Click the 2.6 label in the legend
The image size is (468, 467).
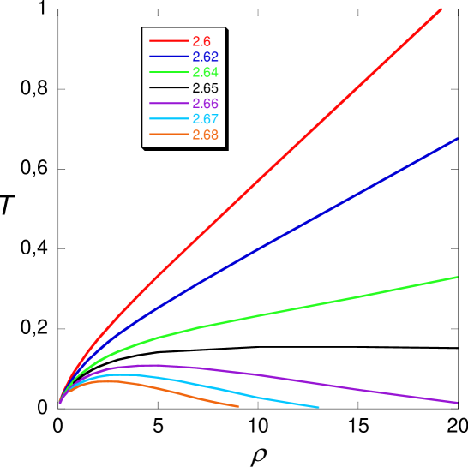(x=201, y=41)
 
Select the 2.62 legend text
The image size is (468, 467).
(x=205, y=57)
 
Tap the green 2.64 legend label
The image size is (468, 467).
(x=205, y=72)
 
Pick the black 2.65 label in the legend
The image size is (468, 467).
(x=205, y=88)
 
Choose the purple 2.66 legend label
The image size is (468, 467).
(x=205, y=104)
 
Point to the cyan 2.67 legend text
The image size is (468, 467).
(x=205, y=119)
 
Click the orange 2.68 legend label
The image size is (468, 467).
(x=205, y=135)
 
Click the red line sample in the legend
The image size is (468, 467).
(x=168, y=41)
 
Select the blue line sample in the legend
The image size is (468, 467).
(x=168, y=57)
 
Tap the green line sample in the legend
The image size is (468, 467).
(x=168, y=72)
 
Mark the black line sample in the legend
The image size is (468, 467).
(x=168, y=88)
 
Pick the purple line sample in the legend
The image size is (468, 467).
(x=168, y=104)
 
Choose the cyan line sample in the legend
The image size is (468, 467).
(x=168, y=119)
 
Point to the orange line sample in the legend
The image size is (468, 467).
(x=168, y=135)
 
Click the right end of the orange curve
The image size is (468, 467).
(x=237, y=406)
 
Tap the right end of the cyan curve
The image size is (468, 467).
(x=319, y=407)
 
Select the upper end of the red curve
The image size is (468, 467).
(x=441, y=9)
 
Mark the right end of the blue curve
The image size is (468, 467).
(x=458, y=138)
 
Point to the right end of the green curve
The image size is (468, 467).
(x=458, y=277)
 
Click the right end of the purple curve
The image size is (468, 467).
(x=458, y=402)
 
